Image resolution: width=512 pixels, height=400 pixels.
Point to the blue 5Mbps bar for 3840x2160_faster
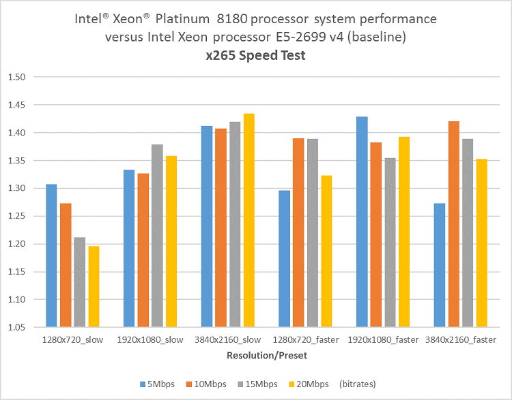[440, 265]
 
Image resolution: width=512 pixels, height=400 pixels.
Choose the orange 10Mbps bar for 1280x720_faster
[298, 232]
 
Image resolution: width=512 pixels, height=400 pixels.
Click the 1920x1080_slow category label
[150, 340]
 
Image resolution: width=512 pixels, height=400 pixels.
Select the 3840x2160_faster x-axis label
[460, 340]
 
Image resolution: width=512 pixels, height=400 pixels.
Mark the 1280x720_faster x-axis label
[305, 340]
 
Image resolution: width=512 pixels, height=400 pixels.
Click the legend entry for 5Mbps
[157, 384]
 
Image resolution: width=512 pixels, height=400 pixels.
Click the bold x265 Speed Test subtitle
[256, 55]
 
